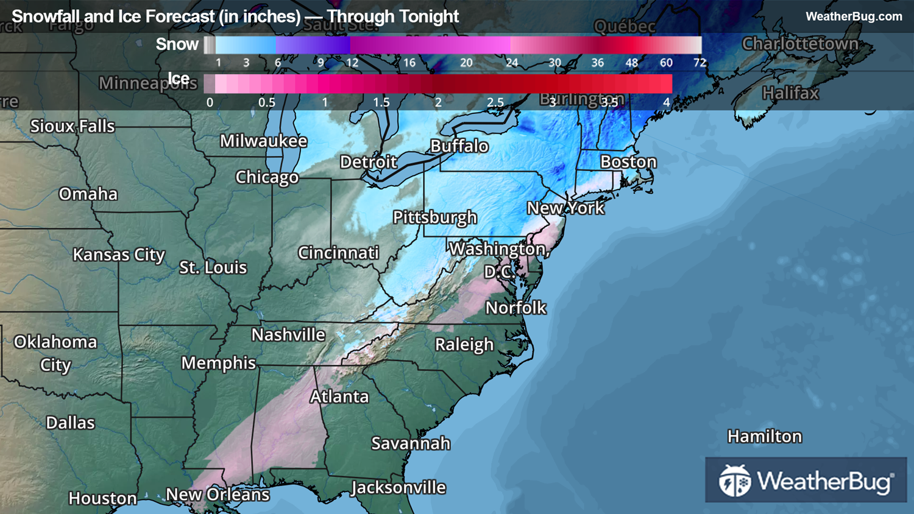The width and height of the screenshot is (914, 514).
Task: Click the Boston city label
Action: coord(628,162)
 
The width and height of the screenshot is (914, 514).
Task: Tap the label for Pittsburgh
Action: coord(434,217)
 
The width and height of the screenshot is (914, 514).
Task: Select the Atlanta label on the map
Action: coord(339,397)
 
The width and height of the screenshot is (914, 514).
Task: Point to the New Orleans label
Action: coord(218,495)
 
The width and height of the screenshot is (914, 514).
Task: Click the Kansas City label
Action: coord(119,255)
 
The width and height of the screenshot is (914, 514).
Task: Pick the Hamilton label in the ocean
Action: coord(764,437)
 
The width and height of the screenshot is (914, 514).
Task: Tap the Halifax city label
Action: coord(790,94)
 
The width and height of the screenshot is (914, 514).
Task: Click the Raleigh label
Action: coord(464,345)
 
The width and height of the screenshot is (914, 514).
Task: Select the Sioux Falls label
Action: coord(73,127)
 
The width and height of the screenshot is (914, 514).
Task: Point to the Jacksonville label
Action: coord(399,488)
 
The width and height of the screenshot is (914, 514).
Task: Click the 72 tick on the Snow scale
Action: coord(700,63)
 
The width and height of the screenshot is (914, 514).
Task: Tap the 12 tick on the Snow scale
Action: coord(352,63)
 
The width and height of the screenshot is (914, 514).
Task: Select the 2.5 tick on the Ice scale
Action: coord(495,102)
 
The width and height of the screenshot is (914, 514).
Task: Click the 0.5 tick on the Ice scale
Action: coord(266,102)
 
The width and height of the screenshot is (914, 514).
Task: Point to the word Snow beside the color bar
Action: coord(177,44)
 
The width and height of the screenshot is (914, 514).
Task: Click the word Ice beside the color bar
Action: coord(179,79)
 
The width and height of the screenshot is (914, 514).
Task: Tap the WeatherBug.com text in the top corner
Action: coord(854,16)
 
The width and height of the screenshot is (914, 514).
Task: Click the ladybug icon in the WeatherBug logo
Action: coord(734,481)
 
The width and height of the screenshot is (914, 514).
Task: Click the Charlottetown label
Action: coord(799,44)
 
